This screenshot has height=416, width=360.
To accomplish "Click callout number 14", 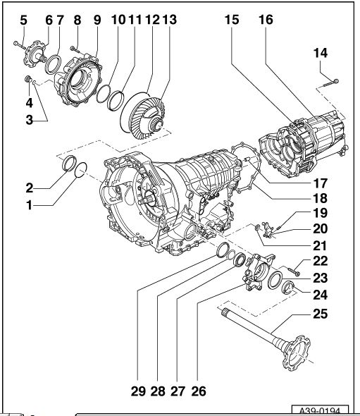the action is point(321,53).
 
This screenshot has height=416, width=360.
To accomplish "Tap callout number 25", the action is point(321,314).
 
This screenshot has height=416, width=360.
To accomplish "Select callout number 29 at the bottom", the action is point(138,391).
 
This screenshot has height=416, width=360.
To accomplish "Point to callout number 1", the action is point(29,205).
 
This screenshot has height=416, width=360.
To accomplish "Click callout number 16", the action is point(266,20).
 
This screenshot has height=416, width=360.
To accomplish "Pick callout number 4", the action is point(29,103).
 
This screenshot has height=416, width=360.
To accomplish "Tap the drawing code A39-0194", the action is point(320,411).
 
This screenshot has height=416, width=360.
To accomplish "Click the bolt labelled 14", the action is point(331,83).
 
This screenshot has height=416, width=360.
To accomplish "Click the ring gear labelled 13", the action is point(147,117).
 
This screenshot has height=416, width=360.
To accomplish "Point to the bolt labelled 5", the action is point(19,45).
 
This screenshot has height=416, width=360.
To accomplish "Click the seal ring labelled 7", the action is point(53,64).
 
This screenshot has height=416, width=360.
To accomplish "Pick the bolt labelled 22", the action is point(294,271).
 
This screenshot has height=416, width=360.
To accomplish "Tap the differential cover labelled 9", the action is point(78,81).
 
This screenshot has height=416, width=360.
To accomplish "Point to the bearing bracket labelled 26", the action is point(258,272).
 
